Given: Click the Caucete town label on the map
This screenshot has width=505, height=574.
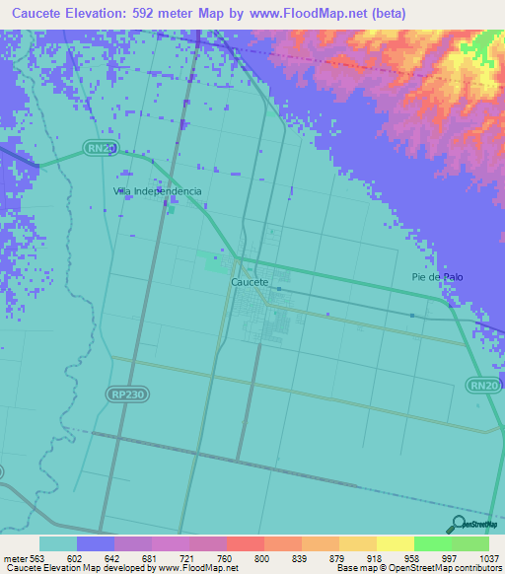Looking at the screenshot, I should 249,282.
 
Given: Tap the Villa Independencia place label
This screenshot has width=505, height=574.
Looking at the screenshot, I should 159,190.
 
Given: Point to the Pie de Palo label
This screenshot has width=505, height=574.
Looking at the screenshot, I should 437,277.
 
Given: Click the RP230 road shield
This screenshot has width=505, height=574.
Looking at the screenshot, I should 120,394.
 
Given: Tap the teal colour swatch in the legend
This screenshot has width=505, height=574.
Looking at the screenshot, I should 57,543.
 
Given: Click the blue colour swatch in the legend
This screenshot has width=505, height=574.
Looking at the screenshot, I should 96,543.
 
